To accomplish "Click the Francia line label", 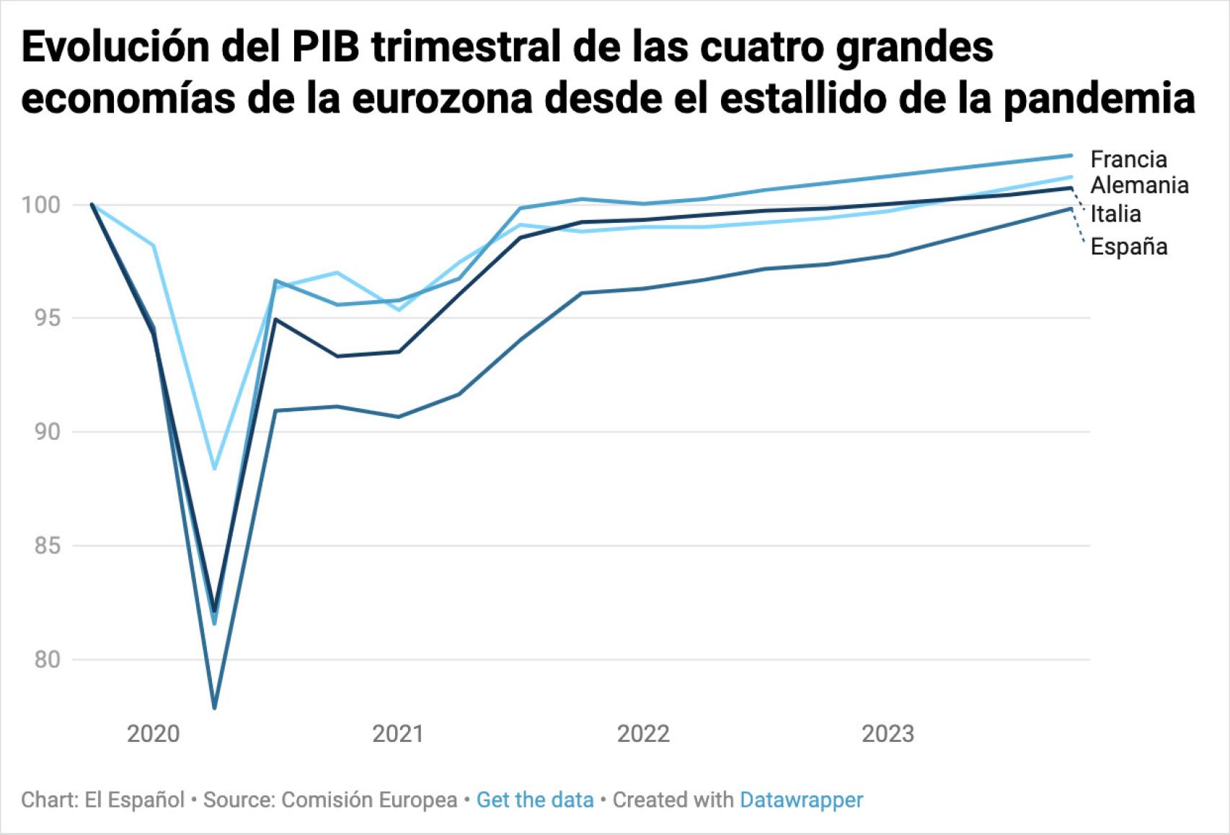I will click(x=1128, y=159).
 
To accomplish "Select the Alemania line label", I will click(x=1138, y=185).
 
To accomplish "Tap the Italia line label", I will click(x=1115, y=213).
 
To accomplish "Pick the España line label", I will click(x=1128, y=247).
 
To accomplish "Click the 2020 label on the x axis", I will click(x=153, y=734).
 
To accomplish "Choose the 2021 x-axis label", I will click(x=398, y=734).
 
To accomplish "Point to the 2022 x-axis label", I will click(x=643, y=734).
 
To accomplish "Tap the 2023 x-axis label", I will click(x=888, y=734).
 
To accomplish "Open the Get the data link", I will click(x=535, y=800).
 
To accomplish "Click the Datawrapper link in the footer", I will click(x=801, y=800).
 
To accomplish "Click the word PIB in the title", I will click(x=327, y=48).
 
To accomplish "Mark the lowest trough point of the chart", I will click(x=214, y=707).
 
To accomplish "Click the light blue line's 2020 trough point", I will click(x=214, y=469).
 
